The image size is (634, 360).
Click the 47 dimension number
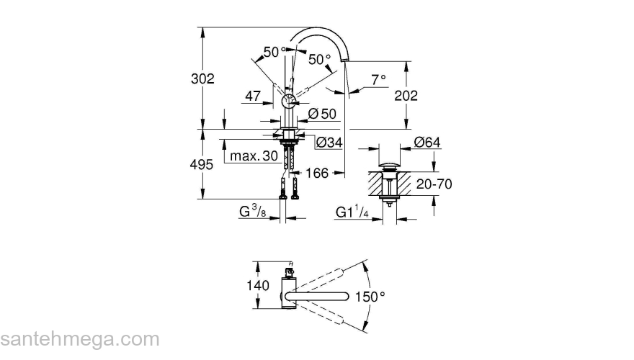point(252,96)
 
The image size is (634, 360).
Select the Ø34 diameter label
point(329,143)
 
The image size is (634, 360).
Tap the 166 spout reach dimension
point(317,173)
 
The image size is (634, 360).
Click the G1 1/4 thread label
point(352,212)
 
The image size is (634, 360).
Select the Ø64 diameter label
point(427,143)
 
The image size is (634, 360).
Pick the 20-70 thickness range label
point(434,184)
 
